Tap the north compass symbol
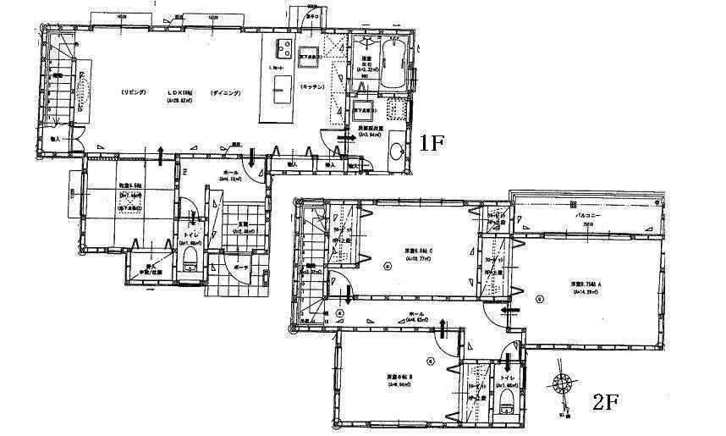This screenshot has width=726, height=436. [561, 386]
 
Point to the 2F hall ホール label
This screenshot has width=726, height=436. [415, 313]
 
